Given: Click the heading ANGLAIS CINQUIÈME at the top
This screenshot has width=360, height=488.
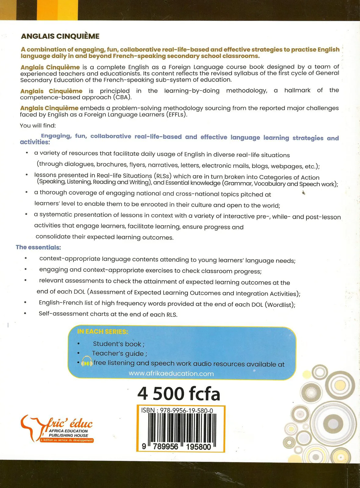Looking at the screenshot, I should [60, 36].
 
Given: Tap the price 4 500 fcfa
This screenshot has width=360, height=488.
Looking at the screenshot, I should [179, 393].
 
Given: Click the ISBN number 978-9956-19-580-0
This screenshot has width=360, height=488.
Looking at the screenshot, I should [186, 411].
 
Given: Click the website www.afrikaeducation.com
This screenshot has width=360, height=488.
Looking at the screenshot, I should [171, 374].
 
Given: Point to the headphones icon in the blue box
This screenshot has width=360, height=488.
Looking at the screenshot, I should [87, 362].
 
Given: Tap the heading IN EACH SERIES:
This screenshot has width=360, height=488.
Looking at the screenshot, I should [102, 332].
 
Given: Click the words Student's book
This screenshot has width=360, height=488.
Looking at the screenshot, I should [117, 344].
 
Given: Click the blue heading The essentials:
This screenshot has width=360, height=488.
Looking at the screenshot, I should [38, 247].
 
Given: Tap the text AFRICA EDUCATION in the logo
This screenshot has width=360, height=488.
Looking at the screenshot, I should [68, 431].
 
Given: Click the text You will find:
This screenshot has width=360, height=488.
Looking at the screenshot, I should [38, 125].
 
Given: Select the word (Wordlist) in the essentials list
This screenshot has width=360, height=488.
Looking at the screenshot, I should [280, 305].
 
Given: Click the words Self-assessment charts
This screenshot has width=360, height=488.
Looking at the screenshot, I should [73, 314].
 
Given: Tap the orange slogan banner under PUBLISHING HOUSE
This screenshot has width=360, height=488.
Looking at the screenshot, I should [67, 440].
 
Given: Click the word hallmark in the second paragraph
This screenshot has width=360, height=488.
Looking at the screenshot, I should [297, 90].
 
